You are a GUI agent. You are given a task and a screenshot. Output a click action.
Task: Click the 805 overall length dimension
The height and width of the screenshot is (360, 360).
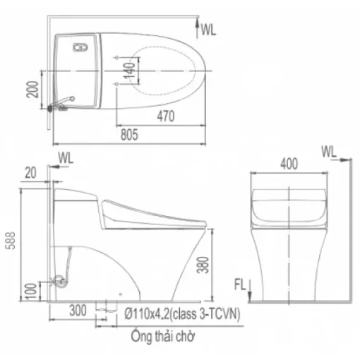(x=129, y=135)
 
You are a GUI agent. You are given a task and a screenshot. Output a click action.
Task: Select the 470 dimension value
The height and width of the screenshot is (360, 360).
(x=166, y=116)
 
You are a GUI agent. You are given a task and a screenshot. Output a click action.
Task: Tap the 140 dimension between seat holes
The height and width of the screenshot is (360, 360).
(x=129, y=71)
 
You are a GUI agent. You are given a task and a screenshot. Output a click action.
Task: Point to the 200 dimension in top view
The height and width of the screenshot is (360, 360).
(x=32, y=90)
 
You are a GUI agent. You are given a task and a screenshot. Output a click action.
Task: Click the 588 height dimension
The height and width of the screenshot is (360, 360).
(x=11, y=241)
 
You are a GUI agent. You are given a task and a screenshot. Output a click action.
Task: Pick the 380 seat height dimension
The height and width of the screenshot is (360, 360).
(x=203, y=265)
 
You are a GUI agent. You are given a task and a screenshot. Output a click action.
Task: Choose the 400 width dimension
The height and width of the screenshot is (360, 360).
(x=289, y=164)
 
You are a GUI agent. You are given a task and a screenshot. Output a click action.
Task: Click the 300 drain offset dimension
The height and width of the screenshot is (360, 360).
(x=78, y=311)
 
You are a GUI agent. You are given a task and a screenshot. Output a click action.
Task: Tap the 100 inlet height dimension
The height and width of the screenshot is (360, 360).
(x=31, y=292)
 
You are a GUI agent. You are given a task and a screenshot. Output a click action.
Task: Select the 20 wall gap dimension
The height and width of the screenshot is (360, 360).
(x=30, y=173)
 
